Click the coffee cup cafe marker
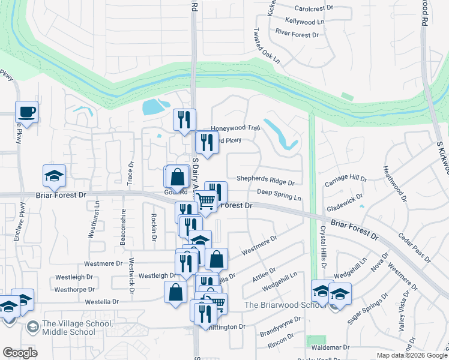point(27,112)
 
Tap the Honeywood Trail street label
point(235,128)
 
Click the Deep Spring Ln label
point(279,194)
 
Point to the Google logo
point(20,353)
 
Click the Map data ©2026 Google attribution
point(412,355)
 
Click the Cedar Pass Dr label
point(414,248)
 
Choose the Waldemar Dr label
point(330,347)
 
